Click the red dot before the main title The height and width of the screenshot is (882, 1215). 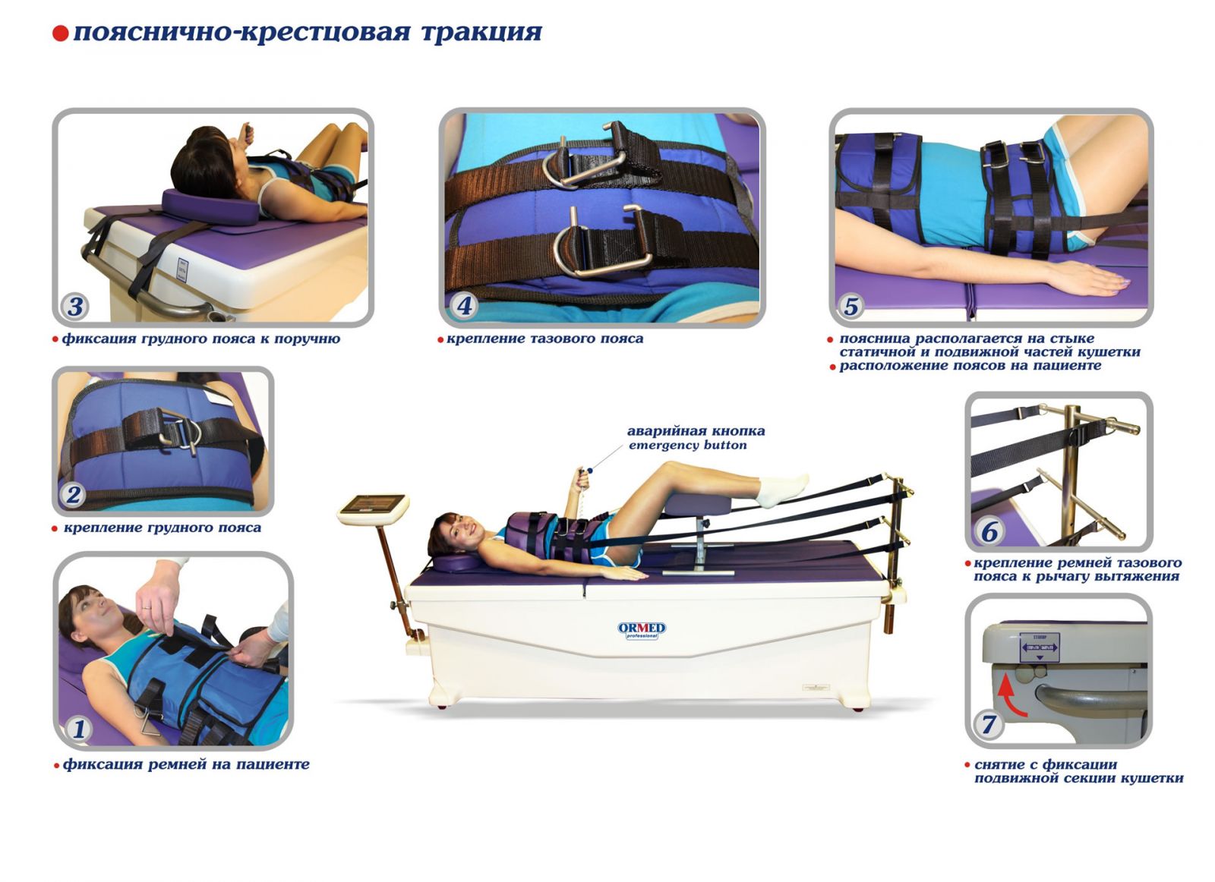[x=61, y=34]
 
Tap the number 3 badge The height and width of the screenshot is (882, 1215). [x=75, y=307]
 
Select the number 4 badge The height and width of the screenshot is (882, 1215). [x=464, y=306]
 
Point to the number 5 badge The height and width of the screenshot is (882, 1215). [x=850, y=306]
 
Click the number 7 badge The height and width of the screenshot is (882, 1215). [x=988, y=724]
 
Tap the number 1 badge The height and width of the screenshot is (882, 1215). [x=79, y=729]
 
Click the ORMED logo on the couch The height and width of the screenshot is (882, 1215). [x=641, y=629]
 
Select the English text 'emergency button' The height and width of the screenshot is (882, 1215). [x=687, y=446]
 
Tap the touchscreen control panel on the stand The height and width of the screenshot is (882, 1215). [x=372, y=505]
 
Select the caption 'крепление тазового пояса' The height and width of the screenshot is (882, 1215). [x=544, y=339]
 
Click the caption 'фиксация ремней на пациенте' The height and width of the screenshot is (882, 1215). [x=186, y=764]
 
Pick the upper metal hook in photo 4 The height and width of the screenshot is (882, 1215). [x=585, y=163]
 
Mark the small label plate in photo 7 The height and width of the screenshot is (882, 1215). [x=1039, y=647]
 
